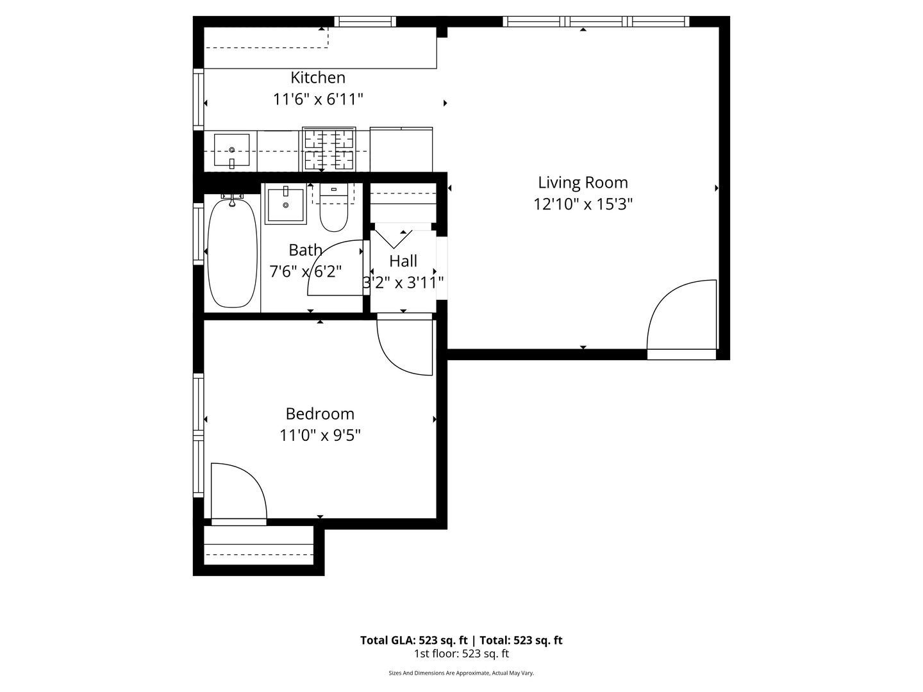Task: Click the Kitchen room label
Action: coord(318,78)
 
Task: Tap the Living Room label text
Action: coord(583,183)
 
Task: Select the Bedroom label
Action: coord(320,414)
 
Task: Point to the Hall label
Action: coord(403,261)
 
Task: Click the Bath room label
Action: coord(305,250)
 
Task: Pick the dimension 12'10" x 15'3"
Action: coord(583,204)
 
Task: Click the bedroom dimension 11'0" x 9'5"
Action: coord(320,436)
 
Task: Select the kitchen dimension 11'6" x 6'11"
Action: coord(318,99)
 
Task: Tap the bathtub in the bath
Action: coord(232,252)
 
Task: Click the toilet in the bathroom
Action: coord(334,208)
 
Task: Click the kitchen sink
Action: coord(231,150)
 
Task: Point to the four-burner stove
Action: coord(329,149)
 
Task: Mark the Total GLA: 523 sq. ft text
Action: coord(414,640)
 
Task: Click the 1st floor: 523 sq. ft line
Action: coord(462,654)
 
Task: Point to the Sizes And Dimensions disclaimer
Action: coord(462,673)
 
